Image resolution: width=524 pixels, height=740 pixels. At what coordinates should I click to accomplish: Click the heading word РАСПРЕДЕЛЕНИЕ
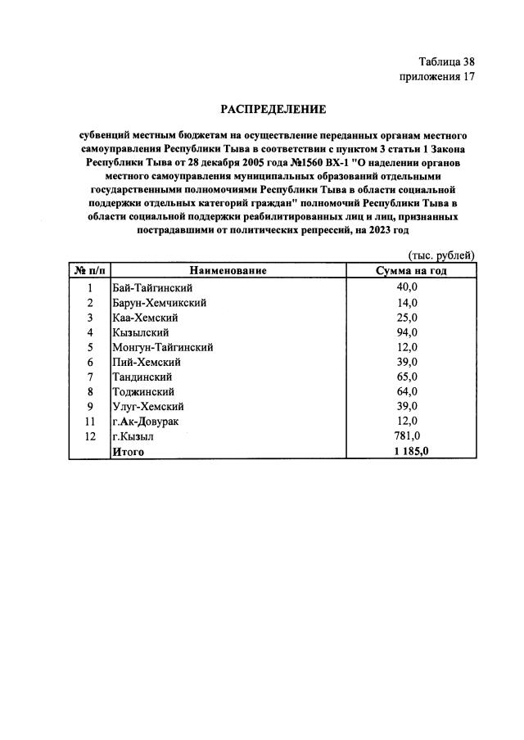point(273,109)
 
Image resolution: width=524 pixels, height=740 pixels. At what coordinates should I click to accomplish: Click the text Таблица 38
point(446,62)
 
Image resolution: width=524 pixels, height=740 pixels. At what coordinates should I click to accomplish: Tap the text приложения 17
point(436,77)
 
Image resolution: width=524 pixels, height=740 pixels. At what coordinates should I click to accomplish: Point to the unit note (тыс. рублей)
point(440,255)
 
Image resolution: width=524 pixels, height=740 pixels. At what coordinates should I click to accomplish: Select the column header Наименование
point(228,271)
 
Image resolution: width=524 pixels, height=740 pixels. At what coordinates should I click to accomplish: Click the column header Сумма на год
point(410,271)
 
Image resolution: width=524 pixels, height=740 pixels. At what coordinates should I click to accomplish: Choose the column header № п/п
point(89,271)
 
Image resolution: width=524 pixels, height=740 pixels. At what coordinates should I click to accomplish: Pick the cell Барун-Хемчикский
point(159,302)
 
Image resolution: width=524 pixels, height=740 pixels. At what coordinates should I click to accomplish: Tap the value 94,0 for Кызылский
point(407,332)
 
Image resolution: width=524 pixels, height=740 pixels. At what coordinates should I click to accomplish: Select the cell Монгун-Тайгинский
point(163,347)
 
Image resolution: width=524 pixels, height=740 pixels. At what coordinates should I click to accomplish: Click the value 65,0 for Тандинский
point(407,377)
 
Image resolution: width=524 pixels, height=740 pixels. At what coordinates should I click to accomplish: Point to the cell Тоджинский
point(143,392)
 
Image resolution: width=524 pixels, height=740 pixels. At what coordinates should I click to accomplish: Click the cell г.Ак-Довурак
point(146,422)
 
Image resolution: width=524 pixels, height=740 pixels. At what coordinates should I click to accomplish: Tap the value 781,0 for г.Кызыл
point(407,436)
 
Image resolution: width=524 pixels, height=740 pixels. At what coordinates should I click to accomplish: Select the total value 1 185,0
point(410,451)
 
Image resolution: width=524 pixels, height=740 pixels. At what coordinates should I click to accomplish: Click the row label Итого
point(129,451)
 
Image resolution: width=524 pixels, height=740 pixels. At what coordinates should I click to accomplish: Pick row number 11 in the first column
point(89,422)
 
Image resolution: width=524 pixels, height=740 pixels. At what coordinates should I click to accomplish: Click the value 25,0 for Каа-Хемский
point(407,318)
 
